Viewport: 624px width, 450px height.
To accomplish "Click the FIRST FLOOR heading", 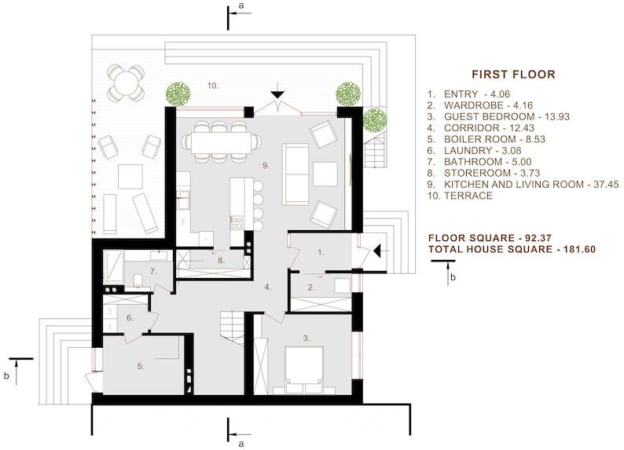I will pos(512,75).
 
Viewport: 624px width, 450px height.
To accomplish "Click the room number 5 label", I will pos(141,365).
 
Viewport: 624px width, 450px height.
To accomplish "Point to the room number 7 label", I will pos(154,272).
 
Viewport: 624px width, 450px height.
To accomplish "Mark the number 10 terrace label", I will pos(212,84).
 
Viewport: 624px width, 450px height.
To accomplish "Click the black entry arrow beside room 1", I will pos(378,251).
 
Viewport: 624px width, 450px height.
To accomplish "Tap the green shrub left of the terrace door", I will pos(178,93).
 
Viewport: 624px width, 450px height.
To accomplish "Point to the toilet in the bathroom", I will pos(138,279).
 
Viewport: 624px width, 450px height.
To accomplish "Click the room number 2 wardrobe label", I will pos(310,287).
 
